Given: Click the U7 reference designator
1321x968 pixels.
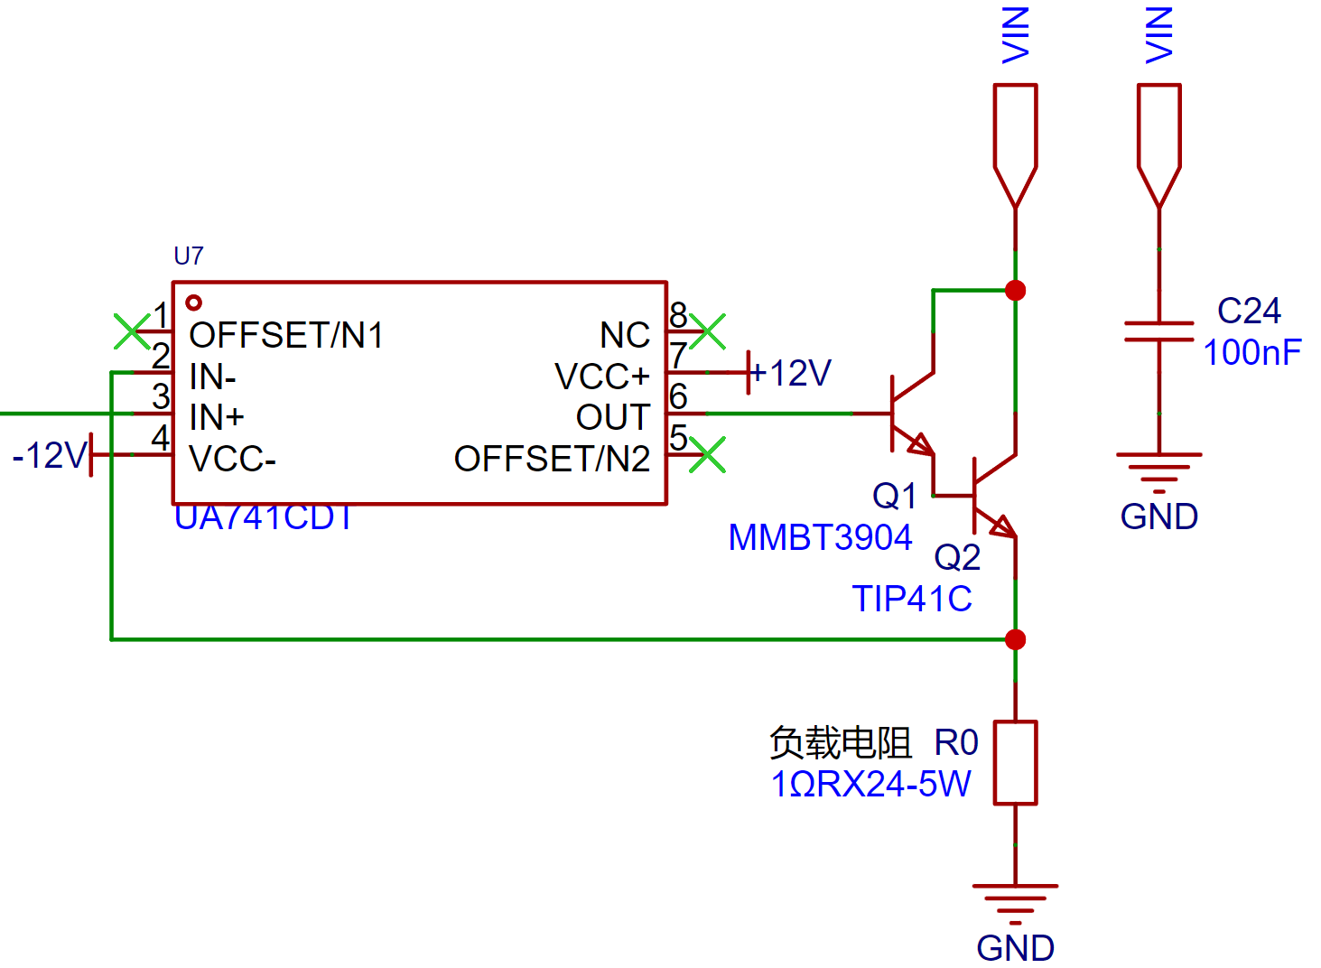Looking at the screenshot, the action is point(189,256).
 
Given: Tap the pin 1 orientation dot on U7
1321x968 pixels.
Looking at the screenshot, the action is point(194,303).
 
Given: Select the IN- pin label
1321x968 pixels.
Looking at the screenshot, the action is point(212,377).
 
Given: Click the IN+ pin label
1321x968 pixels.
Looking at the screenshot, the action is point(217,417).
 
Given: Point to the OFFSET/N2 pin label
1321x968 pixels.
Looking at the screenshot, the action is point(552,459).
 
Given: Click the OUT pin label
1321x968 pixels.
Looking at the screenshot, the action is point(613,418).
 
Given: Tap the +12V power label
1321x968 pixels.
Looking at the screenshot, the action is point(790,374).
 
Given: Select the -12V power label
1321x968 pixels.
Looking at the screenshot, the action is point(51,455).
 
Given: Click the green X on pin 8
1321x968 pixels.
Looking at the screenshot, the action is point(707,331).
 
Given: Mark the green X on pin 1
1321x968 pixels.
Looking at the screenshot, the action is point(132,331).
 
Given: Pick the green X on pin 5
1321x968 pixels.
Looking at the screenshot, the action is point(707,455).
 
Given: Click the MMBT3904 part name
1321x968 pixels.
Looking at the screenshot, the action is point(820,538).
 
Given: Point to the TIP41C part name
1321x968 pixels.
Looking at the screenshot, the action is point(912,600).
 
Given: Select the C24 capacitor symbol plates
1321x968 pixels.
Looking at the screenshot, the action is point(1158,332).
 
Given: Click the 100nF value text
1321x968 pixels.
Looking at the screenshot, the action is point(1252,353).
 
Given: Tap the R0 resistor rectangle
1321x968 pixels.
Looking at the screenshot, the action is point(1015,763).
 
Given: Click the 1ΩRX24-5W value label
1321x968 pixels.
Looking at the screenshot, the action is point(871,785).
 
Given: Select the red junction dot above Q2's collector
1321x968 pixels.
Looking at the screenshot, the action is point(1015,291).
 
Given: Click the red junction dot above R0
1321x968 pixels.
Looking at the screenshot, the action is point(1015,640).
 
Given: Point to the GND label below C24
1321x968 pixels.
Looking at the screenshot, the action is point(1158,517).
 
